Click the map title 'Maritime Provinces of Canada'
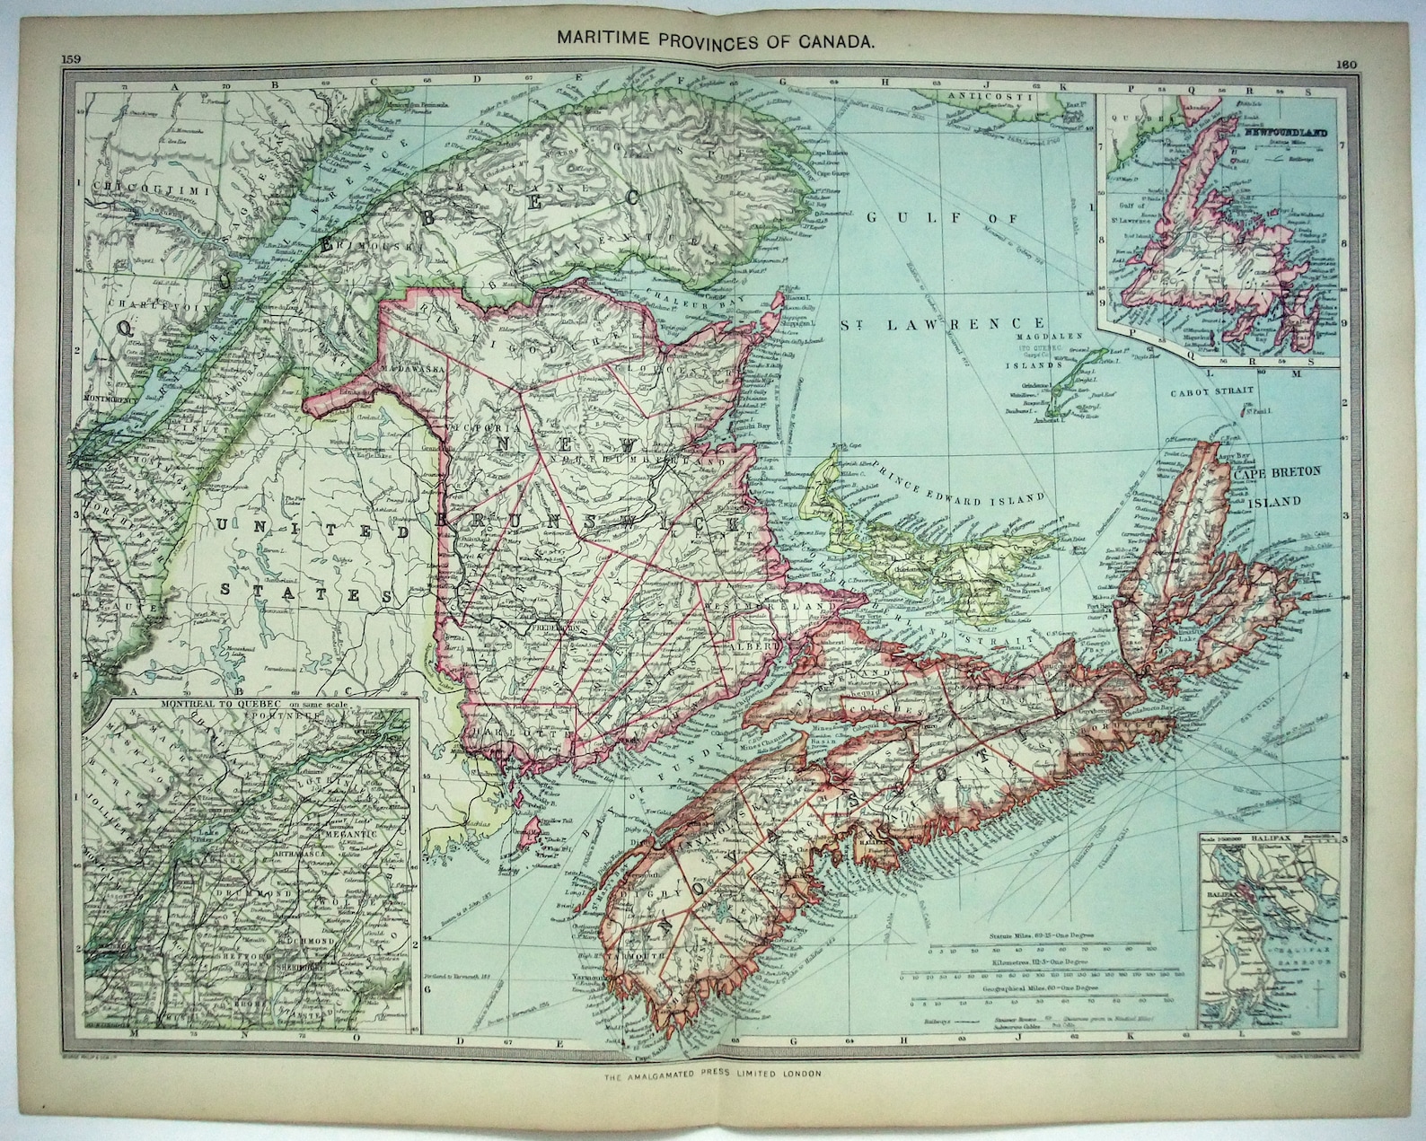point(713,40)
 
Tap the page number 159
point(72,59)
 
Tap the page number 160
point(1346,64)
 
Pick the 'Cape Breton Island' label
point(1285,487)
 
